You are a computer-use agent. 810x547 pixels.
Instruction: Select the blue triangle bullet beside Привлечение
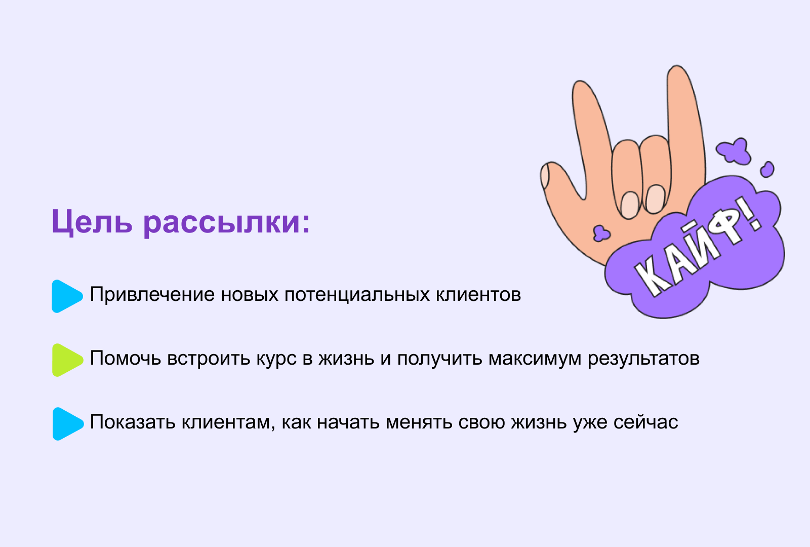67,296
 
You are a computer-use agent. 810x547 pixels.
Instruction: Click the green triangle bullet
68,360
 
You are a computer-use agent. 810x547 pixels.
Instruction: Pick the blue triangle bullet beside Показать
68,424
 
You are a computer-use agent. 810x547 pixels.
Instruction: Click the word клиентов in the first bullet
478,294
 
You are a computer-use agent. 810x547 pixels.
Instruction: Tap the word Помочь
125,359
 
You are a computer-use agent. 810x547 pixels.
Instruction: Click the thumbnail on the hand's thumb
545,175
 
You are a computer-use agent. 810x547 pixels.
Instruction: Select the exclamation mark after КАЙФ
752,215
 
